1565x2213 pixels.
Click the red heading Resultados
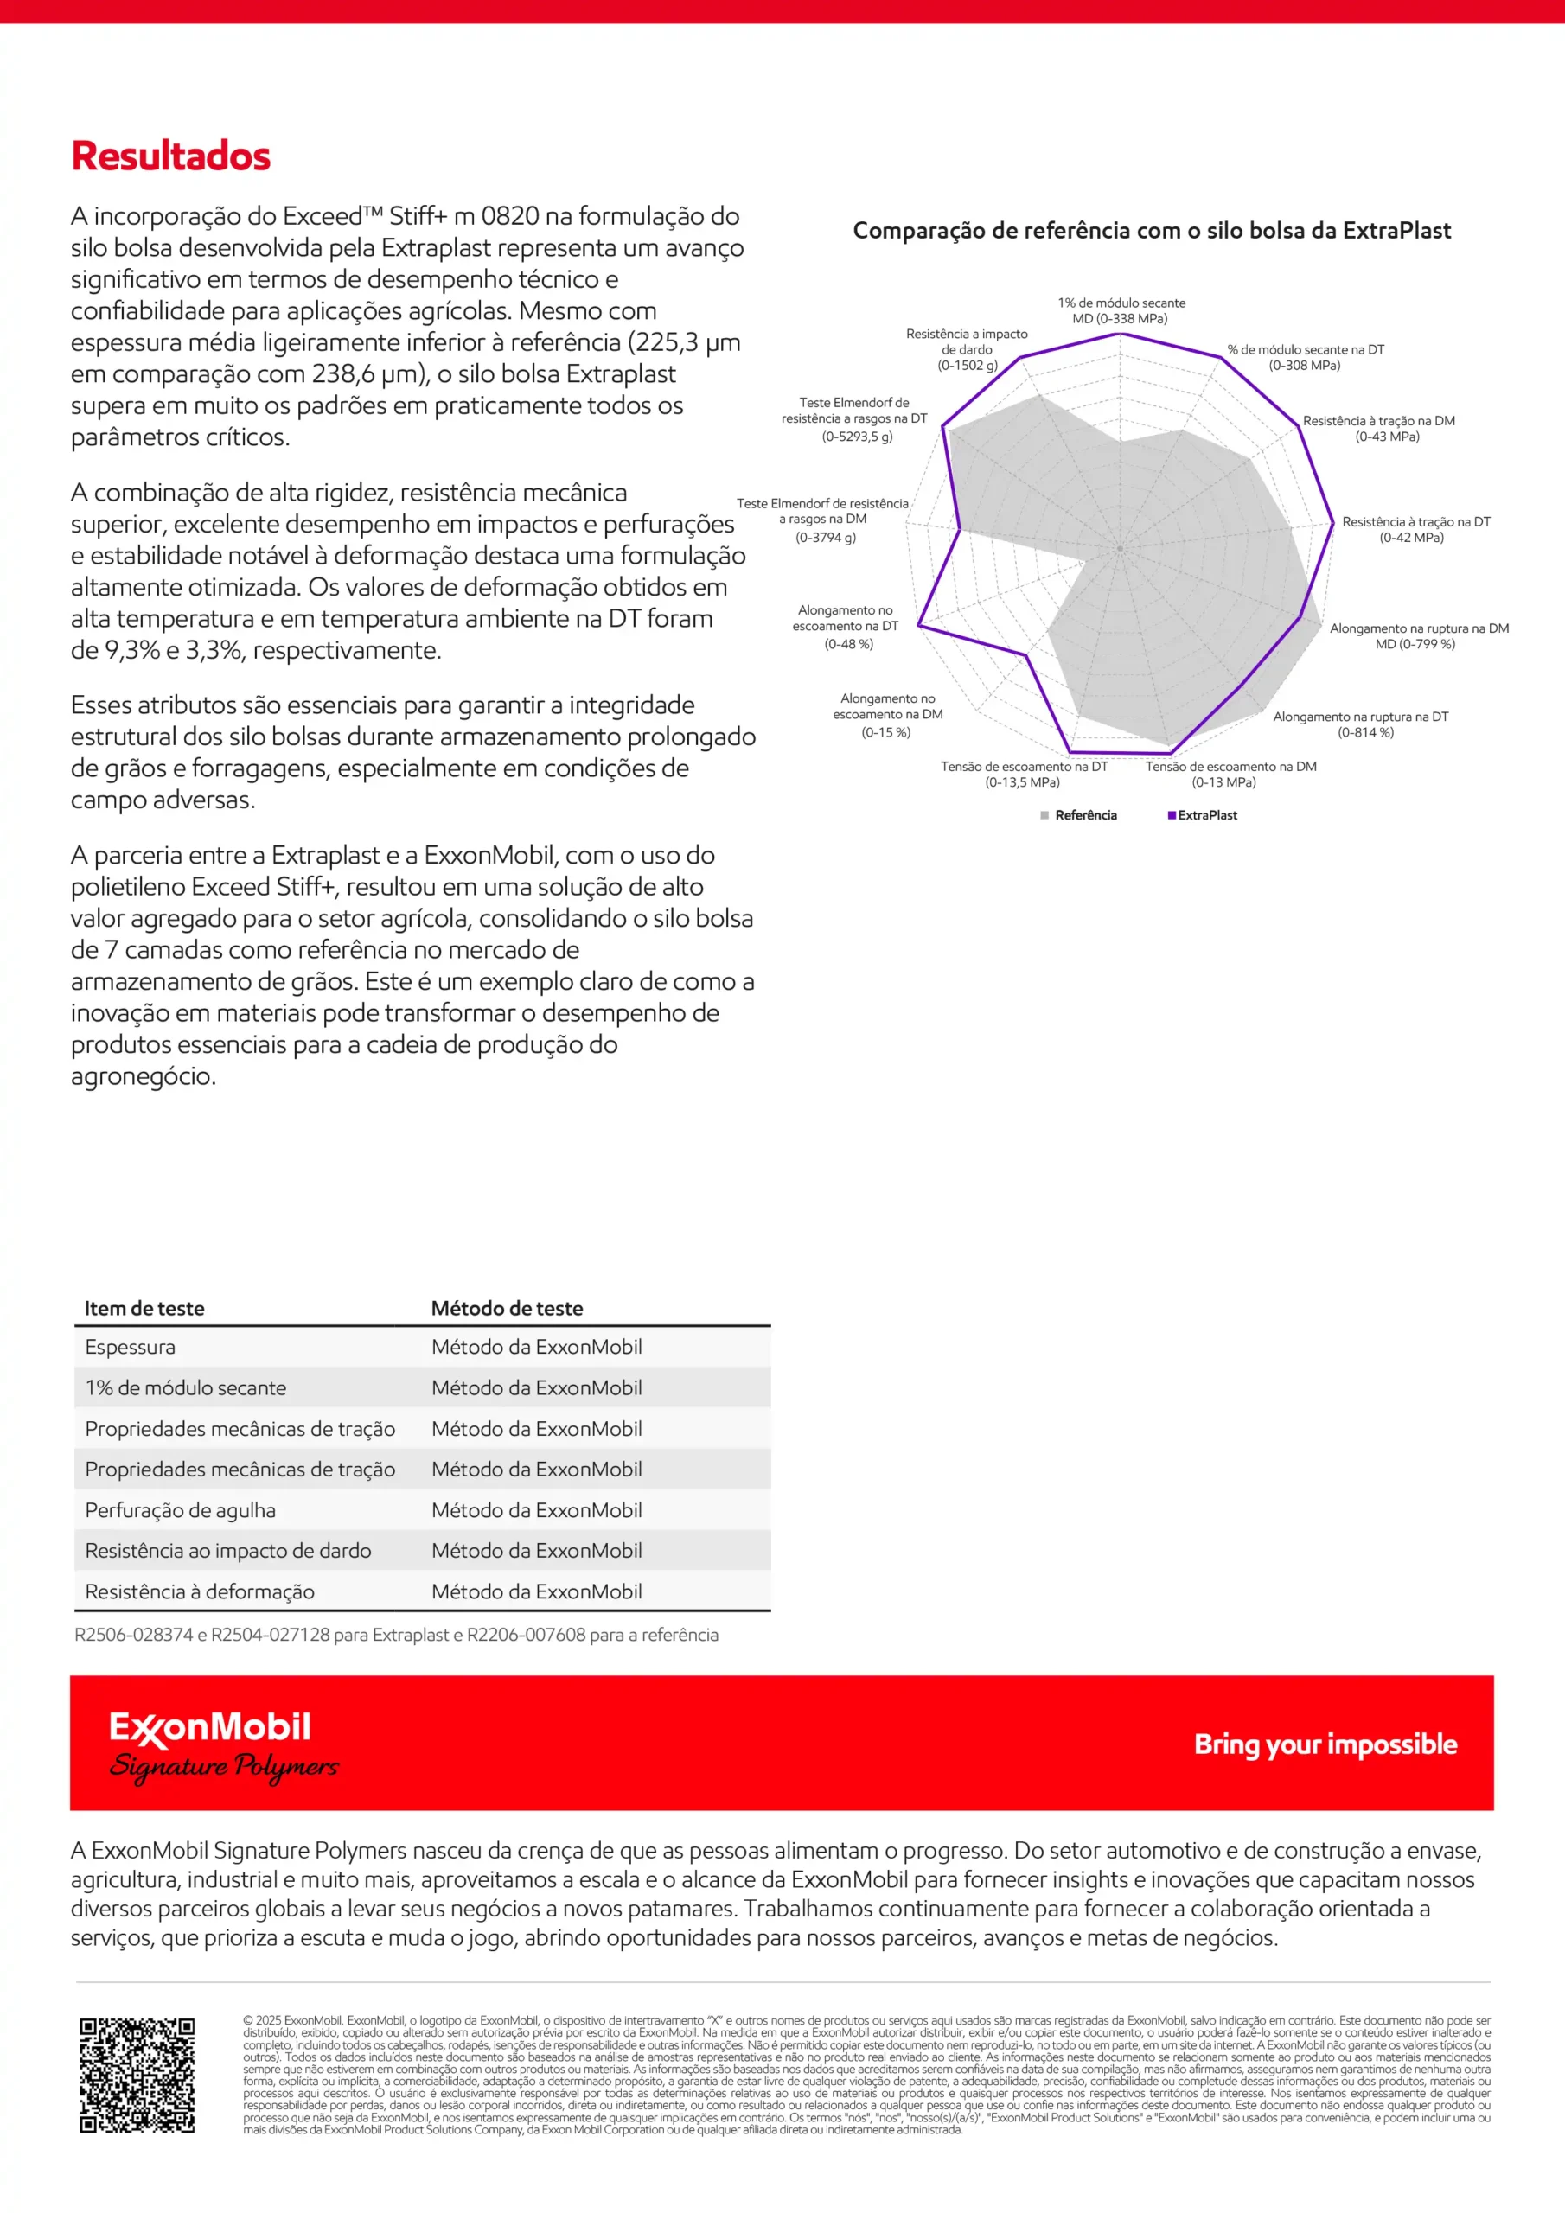[170, 156]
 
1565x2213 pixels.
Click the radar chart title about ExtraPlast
[1152, 230]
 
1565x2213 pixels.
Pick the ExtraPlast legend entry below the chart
[1203, 815]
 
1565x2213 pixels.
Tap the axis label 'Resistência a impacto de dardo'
[968, 349]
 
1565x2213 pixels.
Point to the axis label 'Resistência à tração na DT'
[1415, 529]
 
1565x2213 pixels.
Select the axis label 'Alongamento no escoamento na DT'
[846, 627]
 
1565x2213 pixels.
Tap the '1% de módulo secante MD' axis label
[1121, 310]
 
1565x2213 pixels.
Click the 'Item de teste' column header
[144, 1308]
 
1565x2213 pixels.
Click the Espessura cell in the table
[131, 1347]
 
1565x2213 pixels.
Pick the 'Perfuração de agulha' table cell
[181, 1510]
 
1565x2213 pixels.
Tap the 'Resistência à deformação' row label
[200, 1591]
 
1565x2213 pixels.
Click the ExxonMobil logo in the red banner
[210, 1728]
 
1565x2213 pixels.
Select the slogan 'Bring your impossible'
[1325, 1744]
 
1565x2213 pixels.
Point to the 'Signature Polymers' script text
[224, 1767]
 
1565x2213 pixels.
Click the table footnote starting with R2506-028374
[396, 1635]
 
